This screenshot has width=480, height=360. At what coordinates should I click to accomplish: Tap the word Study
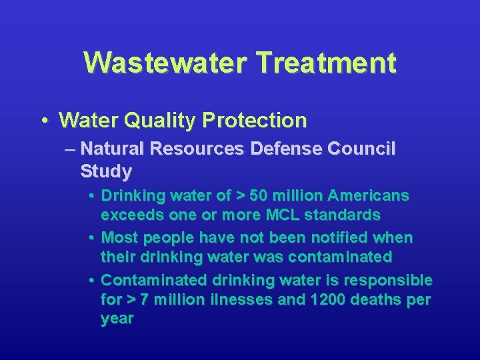tap(105, 171)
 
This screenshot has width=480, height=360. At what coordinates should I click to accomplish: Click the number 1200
tap(327, 299)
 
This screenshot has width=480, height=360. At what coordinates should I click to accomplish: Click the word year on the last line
tap(117, 319)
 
